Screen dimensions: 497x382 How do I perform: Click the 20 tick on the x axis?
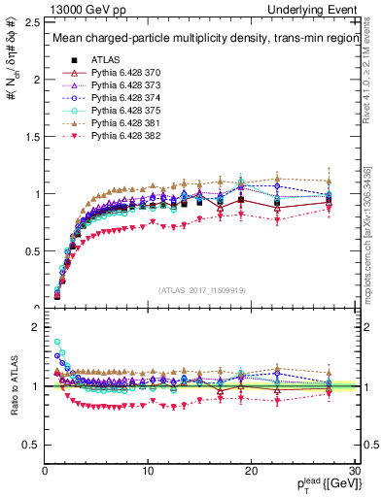(x=251, y=470)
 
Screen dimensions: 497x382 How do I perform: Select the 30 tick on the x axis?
(x=354, y=470)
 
